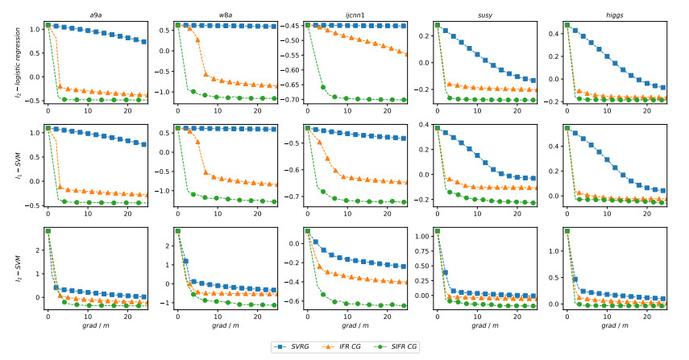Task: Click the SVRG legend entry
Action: pos(300,346)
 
